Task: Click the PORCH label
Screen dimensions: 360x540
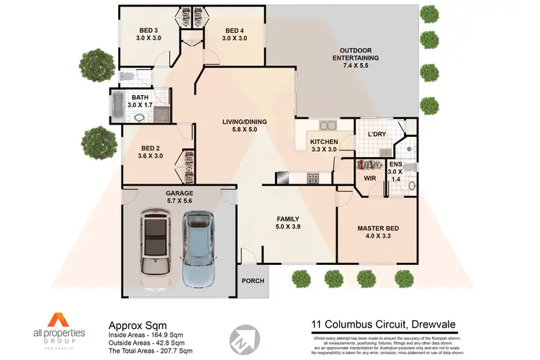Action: coord(252,281)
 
